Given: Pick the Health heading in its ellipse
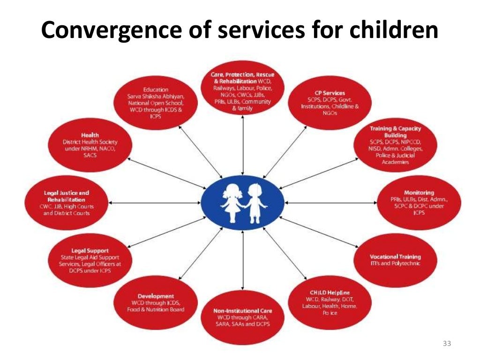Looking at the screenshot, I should click(x=90, y=135).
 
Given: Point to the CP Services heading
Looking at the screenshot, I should click(x=330, y=93).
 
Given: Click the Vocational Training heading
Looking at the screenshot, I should click(x=395, y=256).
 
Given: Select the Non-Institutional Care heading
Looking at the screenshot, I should click(x=242, y=311).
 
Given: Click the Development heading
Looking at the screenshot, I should click(x=156, y=296).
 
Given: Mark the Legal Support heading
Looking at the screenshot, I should click(x=90, y=251).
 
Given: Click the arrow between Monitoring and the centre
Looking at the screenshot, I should click(x=330, y=202).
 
